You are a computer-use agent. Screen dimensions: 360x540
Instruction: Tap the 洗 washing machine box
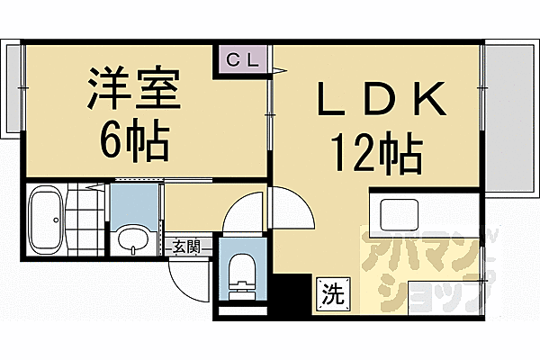pyautogui.click(x=331, y=292)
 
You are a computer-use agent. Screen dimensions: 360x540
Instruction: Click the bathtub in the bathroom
pyautogui.click(x=45, y=220)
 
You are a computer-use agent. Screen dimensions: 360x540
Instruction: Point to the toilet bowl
pyautogui.click(x=242, y=270)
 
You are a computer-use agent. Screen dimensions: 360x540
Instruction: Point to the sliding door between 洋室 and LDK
pyautogui.click(x=271, y=117)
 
